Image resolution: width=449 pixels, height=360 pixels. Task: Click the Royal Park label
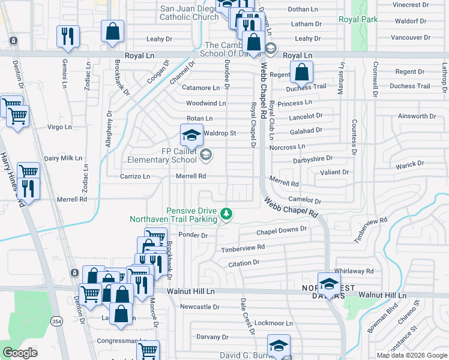click(x=358, y=19)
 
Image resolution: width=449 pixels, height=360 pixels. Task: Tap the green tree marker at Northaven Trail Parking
click(x=226, y=213)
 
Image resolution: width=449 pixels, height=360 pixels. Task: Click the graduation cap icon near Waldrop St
click(x=192, y=136)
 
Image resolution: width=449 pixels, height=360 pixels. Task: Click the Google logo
click(x=20, y=353)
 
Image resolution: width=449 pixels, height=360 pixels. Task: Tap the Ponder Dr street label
click(x=193, y=235)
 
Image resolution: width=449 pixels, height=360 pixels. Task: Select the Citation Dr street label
click(x=244, y=263)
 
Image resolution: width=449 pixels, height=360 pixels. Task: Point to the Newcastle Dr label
click(x=200, y=307)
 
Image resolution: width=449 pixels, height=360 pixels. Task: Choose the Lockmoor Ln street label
click(x=273, y=323)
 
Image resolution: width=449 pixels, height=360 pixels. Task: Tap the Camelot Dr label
click(x=305, y=201)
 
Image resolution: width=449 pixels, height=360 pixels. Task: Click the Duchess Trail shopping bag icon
click(x=301, y=73)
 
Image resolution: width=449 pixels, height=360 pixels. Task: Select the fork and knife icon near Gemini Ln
click(x=68, y=37)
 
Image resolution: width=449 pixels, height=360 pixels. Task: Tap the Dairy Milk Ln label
click(x=62, y=158)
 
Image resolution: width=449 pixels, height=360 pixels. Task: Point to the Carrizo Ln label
click(x=134, y=177)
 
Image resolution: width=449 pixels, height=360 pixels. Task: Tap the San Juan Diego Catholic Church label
click(x=189, y=13)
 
